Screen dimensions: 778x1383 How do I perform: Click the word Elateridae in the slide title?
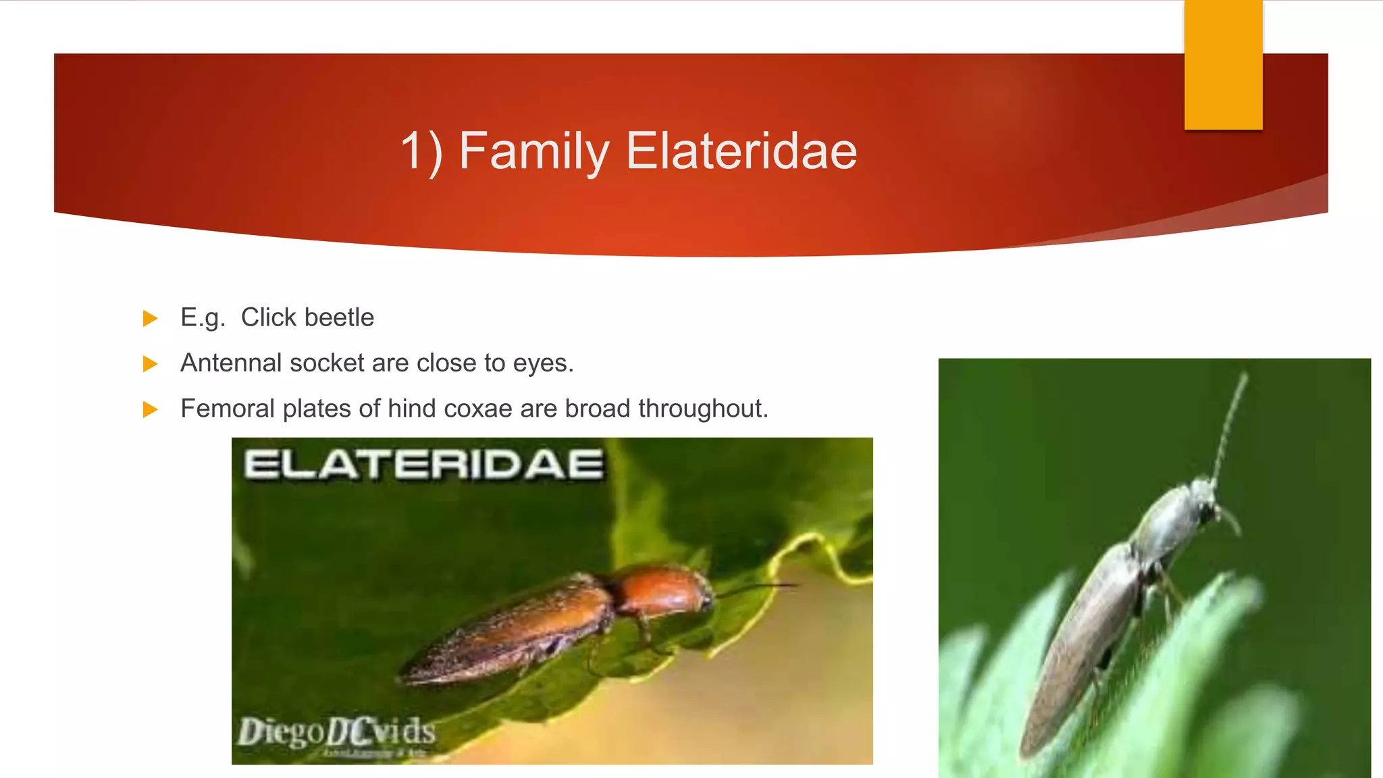(741, 151)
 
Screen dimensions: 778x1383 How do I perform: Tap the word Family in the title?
(533, 152)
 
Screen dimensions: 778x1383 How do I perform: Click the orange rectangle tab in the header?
(1223, 65)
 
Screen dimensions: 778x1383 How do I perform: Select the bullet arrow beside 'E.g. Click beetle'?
(150, 318)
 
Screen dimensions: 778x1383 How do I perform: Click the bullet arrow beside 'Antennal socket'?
(150, 364)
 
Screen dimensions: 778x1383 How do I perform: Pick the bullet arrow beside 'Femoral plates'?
(150, 409)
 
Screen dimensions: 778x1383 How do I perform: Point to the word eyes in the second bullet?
(542, 364)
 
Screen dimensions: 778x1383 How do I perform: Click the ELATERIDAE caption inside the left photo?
(423, 465)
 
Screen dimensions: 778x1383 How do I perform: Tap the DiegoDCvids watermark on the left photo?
(336, 732)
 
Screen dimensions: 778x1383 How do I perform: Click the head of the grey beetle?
(1205, 500)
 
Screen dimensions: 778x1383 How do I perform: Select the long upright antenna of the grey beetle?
(1230, 425)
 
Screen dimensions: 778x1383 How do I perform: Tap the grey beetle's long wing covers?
(1080, 648)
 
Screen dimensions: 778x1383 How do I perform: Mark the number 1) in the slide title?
(421, 152)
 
